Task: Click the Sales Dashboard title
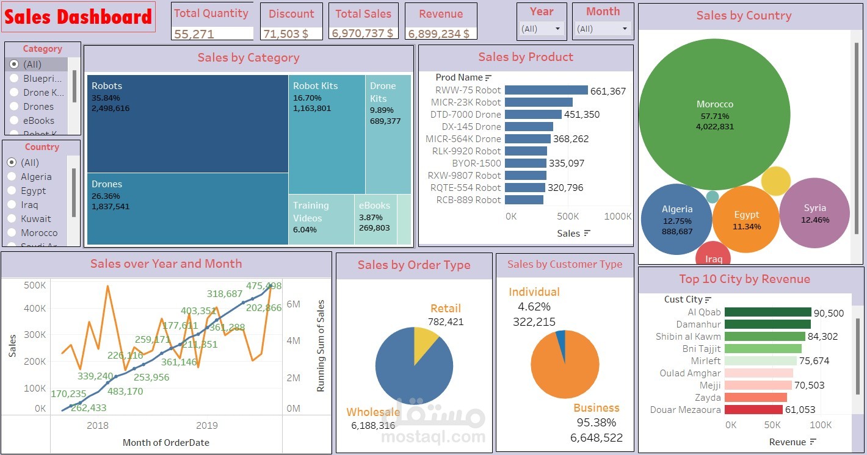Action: point(78,17)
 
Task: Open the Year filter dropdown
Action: point(541,29)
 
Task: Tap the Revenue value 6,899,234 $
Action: point(438,34)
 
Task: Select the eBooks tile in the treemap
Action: point(375,220)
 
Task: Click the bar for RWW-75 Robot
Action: point(546,90)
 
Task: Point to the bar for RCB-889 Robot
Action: point(524,200)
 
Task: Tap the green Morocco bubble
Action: point(714,115)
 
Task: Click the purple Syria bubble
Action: point(814,213)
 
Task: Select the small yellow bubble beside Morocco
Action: point(776,181)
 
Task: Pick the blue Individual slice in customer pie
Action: point(561,339)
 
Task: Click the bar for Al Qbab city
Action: point(767,312)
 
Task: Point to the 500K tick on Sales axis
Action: point(35,285)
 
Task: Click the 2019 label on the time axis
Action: point(206,425)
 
